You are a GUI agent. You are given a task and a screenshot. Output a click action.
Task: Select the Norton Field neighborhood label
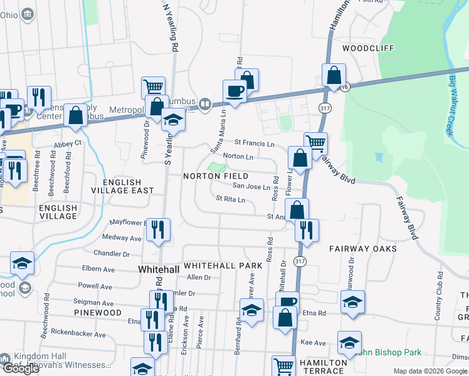pyautogui.click(x=216, y=176)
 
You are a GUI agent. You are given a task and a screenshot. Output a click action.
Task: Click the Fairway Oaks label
pyautogui.click(x=363, y=249)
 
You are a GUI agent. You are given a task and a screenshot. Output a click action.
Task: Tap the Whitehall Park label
pyautogui.click(x=223, y=266)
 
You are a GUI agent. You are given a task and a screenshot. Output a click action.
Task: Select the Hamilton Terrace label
pyautogui.click(x=323, y=367)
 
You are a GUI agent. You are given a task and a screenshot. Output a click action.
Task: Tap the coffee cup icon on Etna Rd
pyautogui.click(x=287, y=302)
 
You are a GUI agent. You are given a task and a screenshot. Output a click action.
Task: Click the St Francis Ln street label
pyautogui.click(x=255, y=144)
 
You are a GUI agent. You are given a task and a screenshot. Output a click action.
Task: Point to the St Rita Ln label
pyautogui.click(x=230, y=199)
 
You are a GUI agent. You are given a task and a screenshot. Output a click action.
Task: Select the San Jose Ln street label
pyautogui.click(x=251, y=186)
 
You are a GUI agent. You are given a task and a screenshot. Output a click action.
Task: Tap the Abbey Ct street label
pyautogui.click(x=68, y=143)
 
